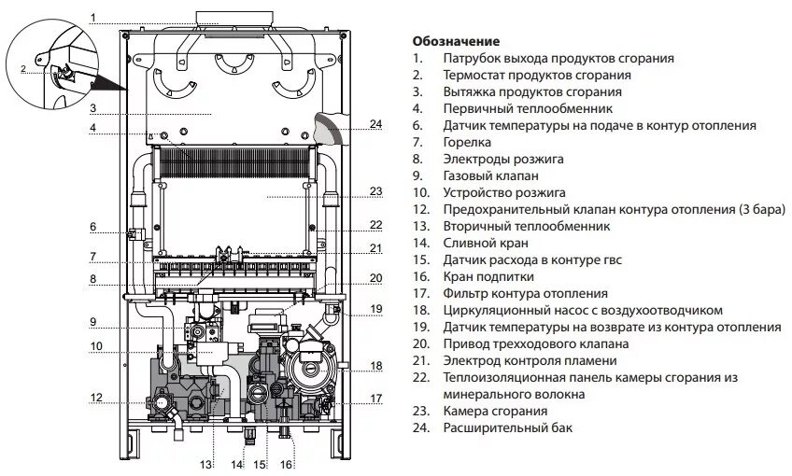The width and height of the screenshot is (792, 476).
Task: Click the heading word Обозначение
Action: pos(455,42)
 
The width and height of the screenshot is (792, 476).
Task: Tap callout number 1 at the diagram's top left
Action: pos(93,17)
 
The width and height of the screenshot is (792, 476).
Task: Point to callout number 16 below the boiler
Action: pos(287,464)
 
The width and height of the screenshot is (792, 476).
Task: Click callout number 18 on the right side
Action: pos(376,365)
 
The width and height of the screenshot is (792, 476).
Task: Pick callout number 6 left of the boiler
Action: pos(93,226)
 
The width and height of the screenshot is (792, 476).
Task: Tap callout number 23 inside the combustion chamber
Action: pos(376,191)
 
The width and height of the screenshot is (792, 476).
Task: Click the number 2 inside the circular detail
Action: pos(23,70)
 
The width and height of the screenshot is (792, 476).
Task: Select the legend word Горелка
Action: pos(467,143)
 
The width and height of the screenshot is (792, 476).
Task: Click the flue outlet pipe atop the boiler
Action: pos(220,17)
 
